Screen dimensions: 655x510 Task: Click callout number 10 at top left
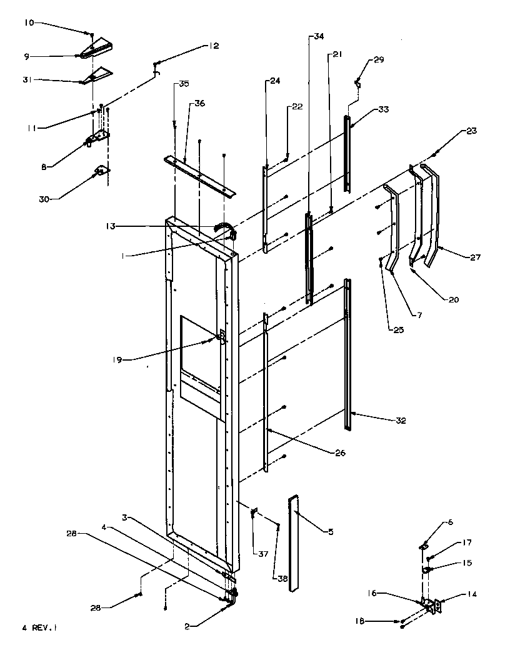click(30, 22)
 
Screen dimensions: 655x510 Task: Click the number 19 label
click(117, 359)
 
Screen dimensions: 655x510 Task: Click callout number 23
click(471, 131)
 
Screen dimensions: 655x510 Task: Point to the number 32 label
click(400, 421)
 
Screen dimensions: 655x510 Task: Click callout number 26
click(339, 453)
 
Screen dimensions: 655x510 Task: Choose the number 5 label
click(331, 532)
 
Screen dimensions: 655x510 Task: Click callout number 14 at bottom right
click(471, 594)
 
